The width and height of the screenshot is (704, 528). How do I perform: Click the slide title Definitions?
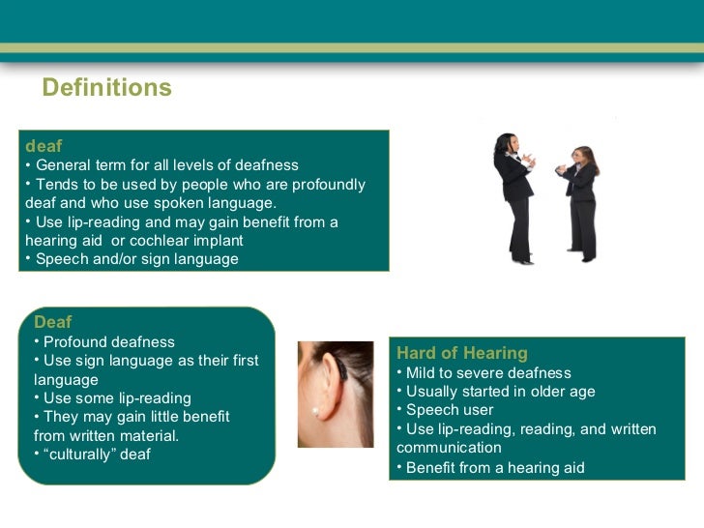(x=107, y=88)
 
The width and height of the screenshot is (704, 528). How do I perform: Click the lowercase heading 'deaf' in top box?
(x=44, y=146)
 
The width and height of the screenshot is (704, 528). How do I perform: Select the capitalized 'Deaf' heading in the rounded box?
(x=53, y=322)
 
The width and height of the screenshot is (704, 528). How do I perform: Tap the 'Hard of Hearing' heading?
(x=462, y=353)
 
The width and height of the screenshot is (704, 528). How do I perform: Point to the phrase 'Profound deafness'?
(x=109, y=342)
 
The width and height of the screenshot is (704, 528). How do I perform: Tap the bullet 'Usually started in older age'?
(x=500, y=392)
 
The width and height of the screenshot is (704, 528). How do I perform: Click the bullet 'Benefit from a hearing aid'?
(x=495, y=468)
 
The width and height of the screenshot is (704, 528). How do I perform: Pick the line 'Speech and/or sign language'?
(x=135, y=259)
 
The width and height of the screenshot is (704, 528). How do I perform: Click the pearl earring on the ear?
(x=314, y=411)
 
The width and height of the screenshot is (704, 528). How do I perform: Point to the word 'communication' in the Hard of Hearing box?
(x=449, y=448)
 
